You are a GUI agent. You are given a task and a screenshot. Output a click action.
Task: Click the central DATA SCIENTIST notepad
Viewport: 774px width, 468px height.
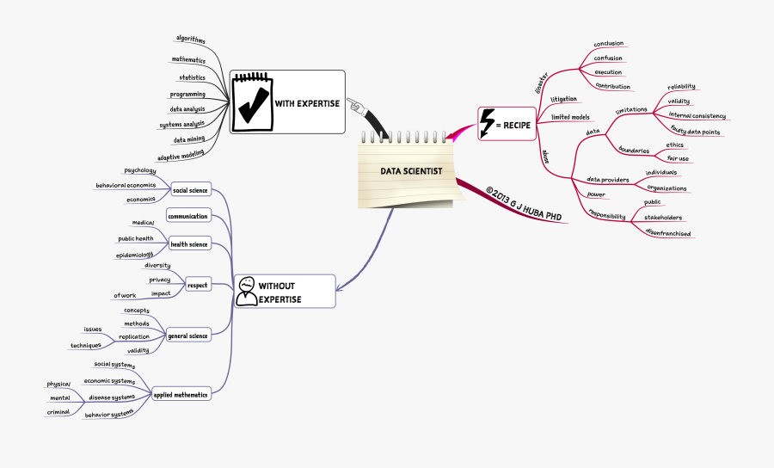(x=411, y=172)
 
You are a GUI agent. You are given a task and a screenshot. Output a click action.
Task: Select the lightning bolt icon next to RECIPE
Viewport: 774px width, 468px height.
(x=488, y=124)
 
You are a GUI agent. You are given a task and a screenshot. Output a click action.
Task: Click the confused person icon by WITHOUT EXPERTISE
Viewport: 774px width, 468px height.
(x=247, y=292)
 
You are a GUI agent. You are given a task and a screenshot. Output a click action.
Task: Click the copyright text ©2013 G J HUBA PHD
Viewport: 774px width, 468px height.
(x=523, y=204)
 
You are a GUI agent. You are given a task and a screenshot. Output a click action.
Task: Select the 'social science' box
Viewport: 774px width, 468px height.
(x=189, y=190)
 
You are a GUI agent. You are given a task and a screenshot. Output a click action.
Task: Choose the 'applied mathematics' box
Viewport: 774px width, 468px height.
(x=181, y=395)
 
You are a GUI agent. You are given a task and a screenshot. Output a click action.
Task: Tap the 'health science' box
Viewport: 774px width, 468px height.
(x=188, y=244)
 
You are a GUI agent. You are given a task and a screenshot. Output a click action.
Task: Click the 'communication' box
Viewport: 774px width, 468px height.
(x=187, y=216)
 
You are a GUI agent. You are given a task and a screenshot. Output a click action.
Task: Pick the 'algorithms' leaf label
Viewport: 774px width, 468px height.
(x=190, y=39)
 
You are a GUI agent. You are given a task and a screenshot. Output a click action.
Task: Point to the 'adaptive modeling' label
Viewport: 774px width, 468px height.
(x=181, y=156)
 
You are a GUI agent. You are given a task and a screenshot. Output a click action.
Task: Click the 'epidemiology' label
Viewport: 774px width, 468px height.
(x=135, y=255)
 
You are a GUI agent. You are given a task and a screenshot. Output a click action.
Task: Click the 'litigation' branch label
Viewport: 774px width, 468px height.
(x=563, y=99)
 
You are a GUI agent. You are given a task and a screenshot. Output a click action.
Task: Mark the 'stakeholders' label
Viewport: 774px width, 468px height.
(x=663, y=219)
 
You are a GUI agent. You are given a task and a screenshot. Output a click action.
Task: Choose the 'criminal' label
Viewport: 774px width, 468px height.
(x=59, y=413)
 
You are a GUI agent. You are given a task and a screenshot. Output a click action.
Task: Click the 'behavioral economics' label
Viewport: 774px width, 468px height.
(x=126, y=185)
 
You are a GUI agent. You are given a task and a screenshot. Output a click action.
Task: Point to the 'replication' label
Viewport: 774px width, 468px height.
(x=134, y=336)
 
